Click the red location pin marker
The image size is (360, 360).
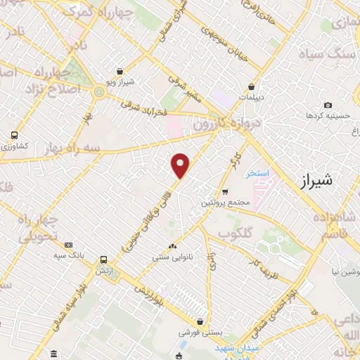[181, 165]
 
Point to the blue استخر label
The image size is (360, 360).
[255, 172]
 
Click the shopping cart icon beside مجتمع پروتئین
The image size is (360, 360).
[224, 191]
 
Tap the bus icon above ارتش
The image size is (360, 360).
[104, 259]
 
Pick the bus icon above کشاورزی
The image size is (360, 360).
[14, 136]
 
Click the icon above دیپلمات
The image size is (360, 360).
[251, 87]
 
